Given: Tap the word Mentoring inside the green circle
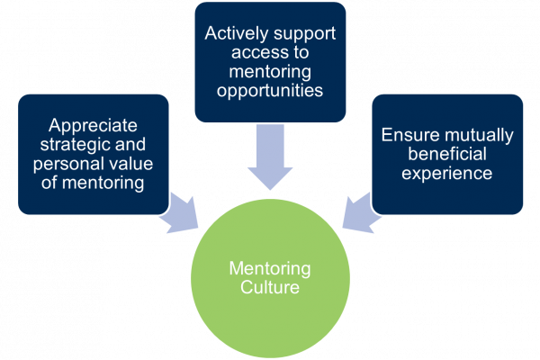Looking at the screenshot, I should (x=268, y=268).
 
